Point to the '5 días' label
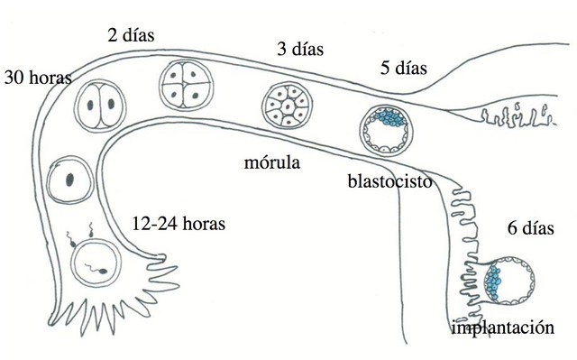tap(402, 67)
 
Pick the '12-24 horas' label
tap(178, 222)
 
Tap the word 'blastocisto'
tap(387, 180)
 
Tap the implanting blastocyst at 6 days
tap(505, 281)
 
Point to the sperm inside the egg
tap(89, 267)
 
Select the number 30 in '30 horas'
tap(14, 77)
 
